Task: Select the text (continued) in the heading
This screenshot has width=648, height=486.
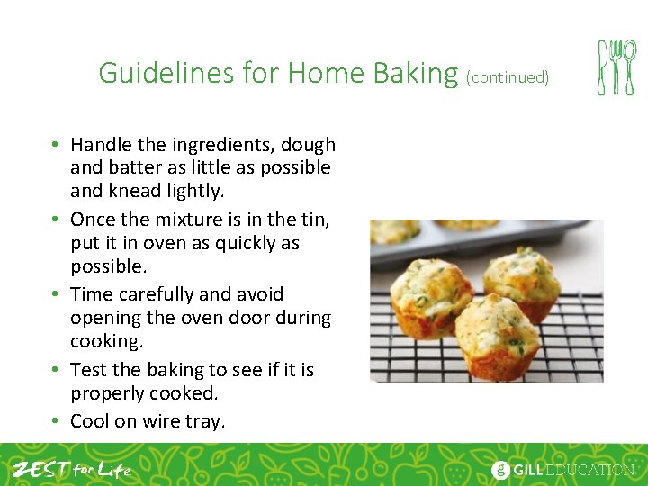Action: pos(508,77)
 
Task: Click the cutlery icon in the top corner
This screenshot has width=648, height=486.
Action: pos(616,67)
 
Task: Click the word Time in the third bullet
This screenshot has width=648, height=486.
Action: pos(91,294)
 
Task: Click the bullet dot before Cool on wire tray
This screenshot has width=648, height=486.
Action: pos(56,421)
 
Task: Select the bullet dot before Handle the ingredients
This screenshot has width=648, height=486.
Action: pos(56,145)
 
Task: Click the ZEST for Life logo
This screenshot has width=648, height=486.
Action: pos(72,469)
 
